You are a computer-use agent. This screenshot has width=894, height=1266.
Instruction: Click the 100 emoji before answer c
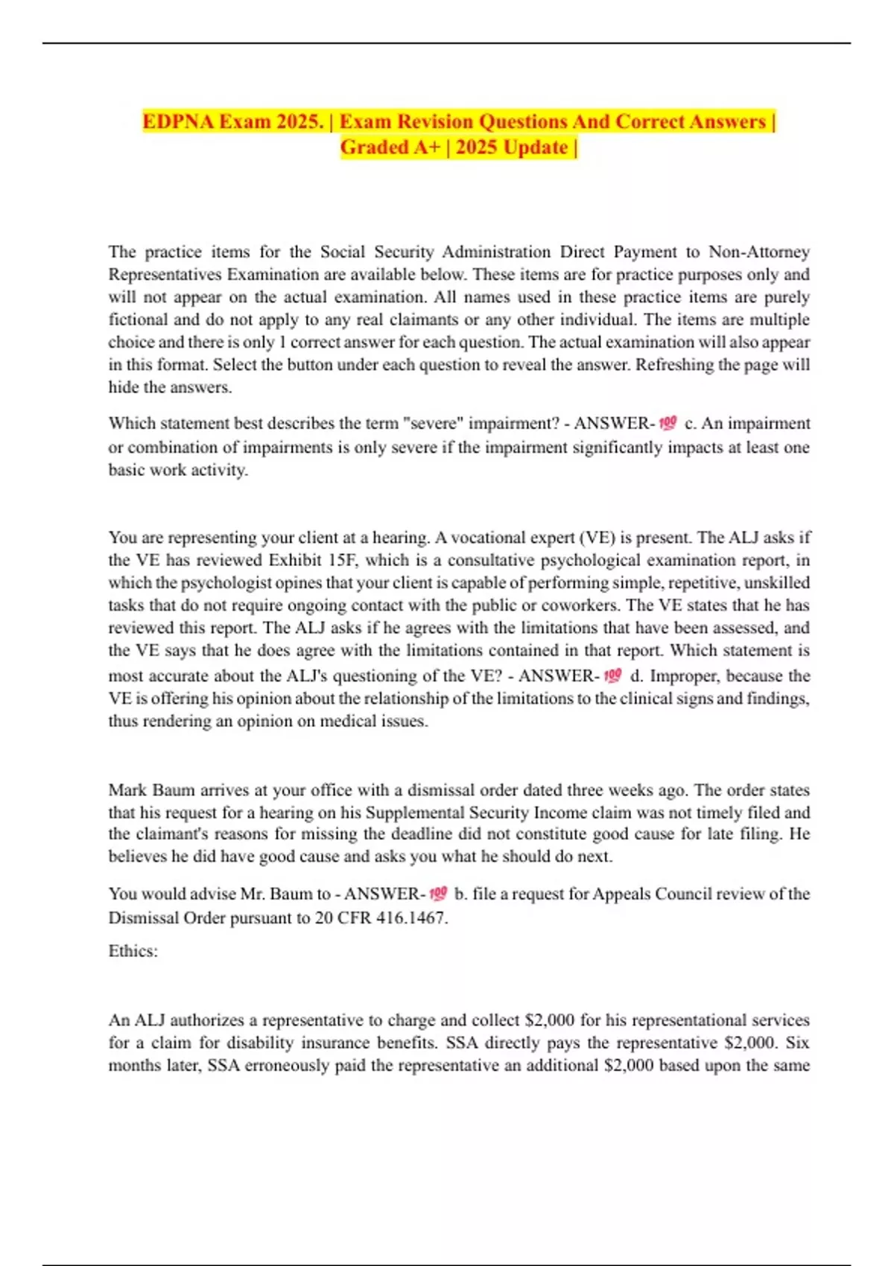(668, 423)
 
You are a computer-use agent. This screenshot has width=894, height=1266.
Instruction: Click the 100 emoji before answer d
(612, 675)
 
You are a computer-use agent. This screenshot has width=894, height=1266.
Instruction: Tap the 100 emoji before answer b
(438, 893)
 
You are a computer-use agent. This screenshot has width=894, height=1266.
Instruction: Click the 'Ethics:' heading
(133, 951)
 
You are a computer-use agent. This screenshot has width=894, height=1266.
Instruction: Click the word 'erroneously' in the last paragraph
(287, 1065)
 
